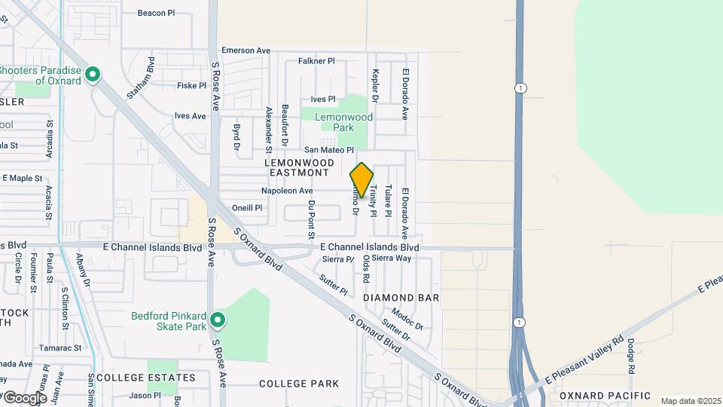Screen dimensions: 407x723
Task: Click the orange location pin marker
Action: coord(361,179)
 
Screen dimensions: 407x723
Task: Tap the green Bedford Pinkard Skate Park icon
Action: coord(218,321)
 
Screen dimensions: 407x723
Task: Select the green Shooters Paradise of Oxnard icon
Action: coord(93,74)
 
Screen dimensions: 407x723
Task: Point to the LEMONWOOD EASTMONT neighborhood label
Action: coord(297,167)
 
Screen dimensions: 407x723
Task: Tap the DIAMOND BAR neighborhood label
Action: coord(401,298)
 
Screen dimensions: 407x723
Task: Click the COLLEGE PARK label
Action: coord(299,384)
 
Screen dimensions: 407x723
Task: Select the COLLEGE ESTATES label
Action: coord(145,377)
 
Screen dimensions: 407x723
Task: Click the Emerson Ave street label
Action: coord(246,50)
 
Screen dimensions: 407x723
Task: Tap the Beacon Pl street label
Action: coord(156,13)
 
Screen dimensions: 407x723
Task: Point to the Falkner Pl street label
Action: coord(316,61)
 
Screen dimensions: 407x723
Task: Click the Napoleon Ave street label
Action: coord(287,191)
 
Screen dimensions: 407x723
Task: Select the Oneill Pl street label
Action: coord(247,208)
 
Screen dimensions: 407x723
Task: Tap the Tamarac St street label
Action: coord(62,348)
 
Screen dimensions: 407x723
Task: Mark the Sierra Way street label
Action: coord(392,258)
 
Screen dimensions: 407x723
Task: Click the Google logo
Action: coord(24,397)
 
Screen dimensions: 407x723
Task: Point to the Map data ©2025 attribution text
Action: coord(689,401)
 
